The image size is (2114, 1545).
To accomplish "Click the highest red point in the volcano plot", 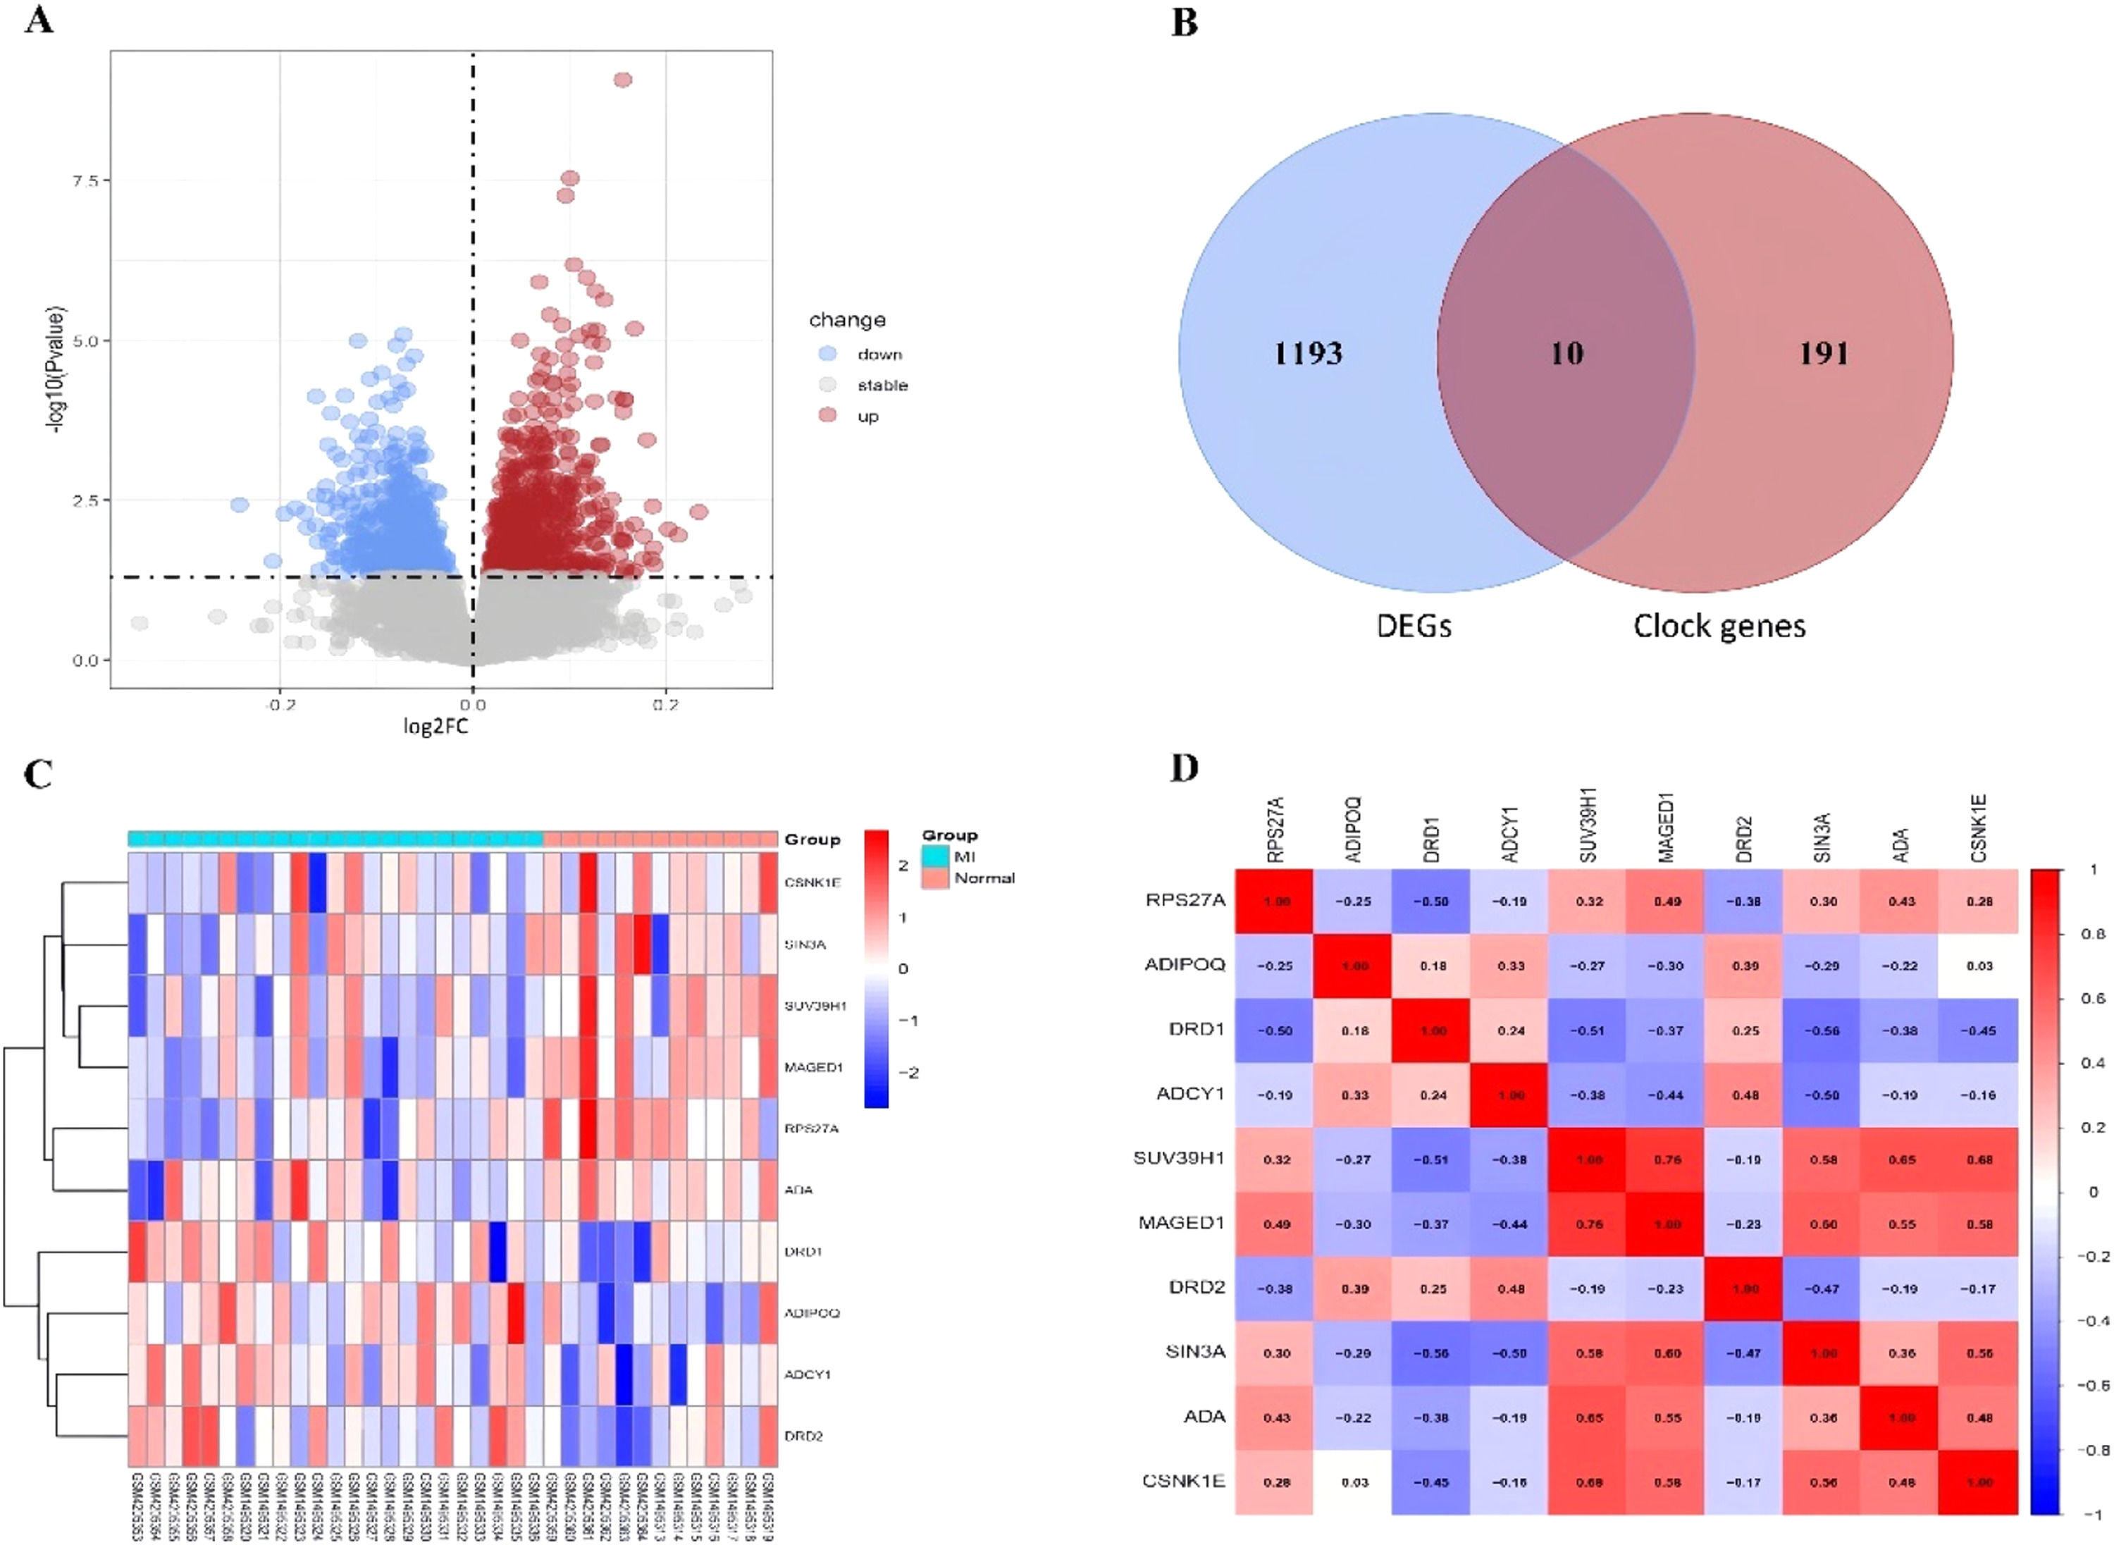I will (623, 80).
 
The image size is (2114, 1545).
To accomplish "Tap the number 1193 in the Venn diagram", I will (1308, 354).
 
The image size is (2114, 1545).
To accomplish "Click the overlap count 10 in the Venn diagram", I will (1567, 354).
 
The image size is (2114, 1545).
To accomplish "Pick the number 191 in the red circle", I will (1824, 354).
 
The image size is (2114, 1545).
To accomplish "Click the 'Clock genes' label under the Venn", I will (1719, 626).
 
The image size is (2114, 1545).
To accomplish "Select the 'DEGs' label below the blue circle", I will (1414, 626).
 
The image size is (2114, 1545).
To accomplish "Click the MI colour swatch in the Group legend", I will (935, 856).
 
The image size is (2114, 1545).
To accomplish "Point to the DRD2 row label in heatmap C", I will (803, 1436).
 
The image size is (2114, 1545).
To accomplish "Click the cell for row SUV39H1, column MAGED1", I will (1667, 1159).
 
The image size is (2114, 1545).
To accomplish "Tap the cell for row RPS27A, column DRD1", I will (1433, 901).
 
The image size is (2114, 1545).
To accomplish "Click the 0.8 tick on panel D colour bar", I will (2094, 935).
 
